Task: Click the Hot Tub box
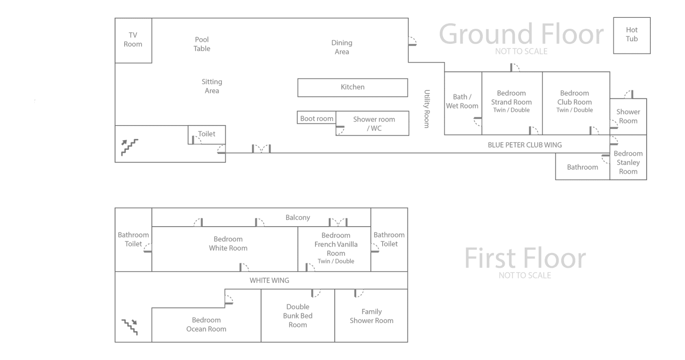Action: click(x=632, y=35)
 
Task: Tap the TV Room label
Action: click(x=133, y=40)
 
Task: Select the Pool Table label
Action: click(x=202, y=44)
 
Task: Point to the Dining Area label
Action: click(x=342, y=47)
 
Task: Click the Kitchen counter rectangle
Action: click(x=353, y=87)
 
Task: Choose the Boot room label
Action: click(x=316, y=119)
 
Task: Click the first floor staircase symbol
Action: click(x=129, y=327)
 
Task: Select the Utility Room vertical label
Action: click(x=427, y=109)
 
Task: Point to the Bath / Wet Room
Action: click(x=463, y=101)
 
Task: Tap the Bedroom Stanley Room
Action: click(x=628, y=163)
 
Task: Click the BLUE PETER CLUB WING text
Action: click(x=525, y=145)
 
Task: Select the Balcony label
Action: click(x=298, y=217)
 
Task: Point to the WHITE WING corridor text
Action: click(x=269, y=281)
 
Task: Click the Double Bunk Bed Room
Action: click(x=298, y=316)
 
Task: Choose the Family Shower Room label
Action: click(x=371, y=316)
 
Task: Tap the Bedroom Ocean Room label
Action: click(x=206, y=324)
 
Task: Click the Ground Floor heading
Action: click(x=521, y=34)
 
